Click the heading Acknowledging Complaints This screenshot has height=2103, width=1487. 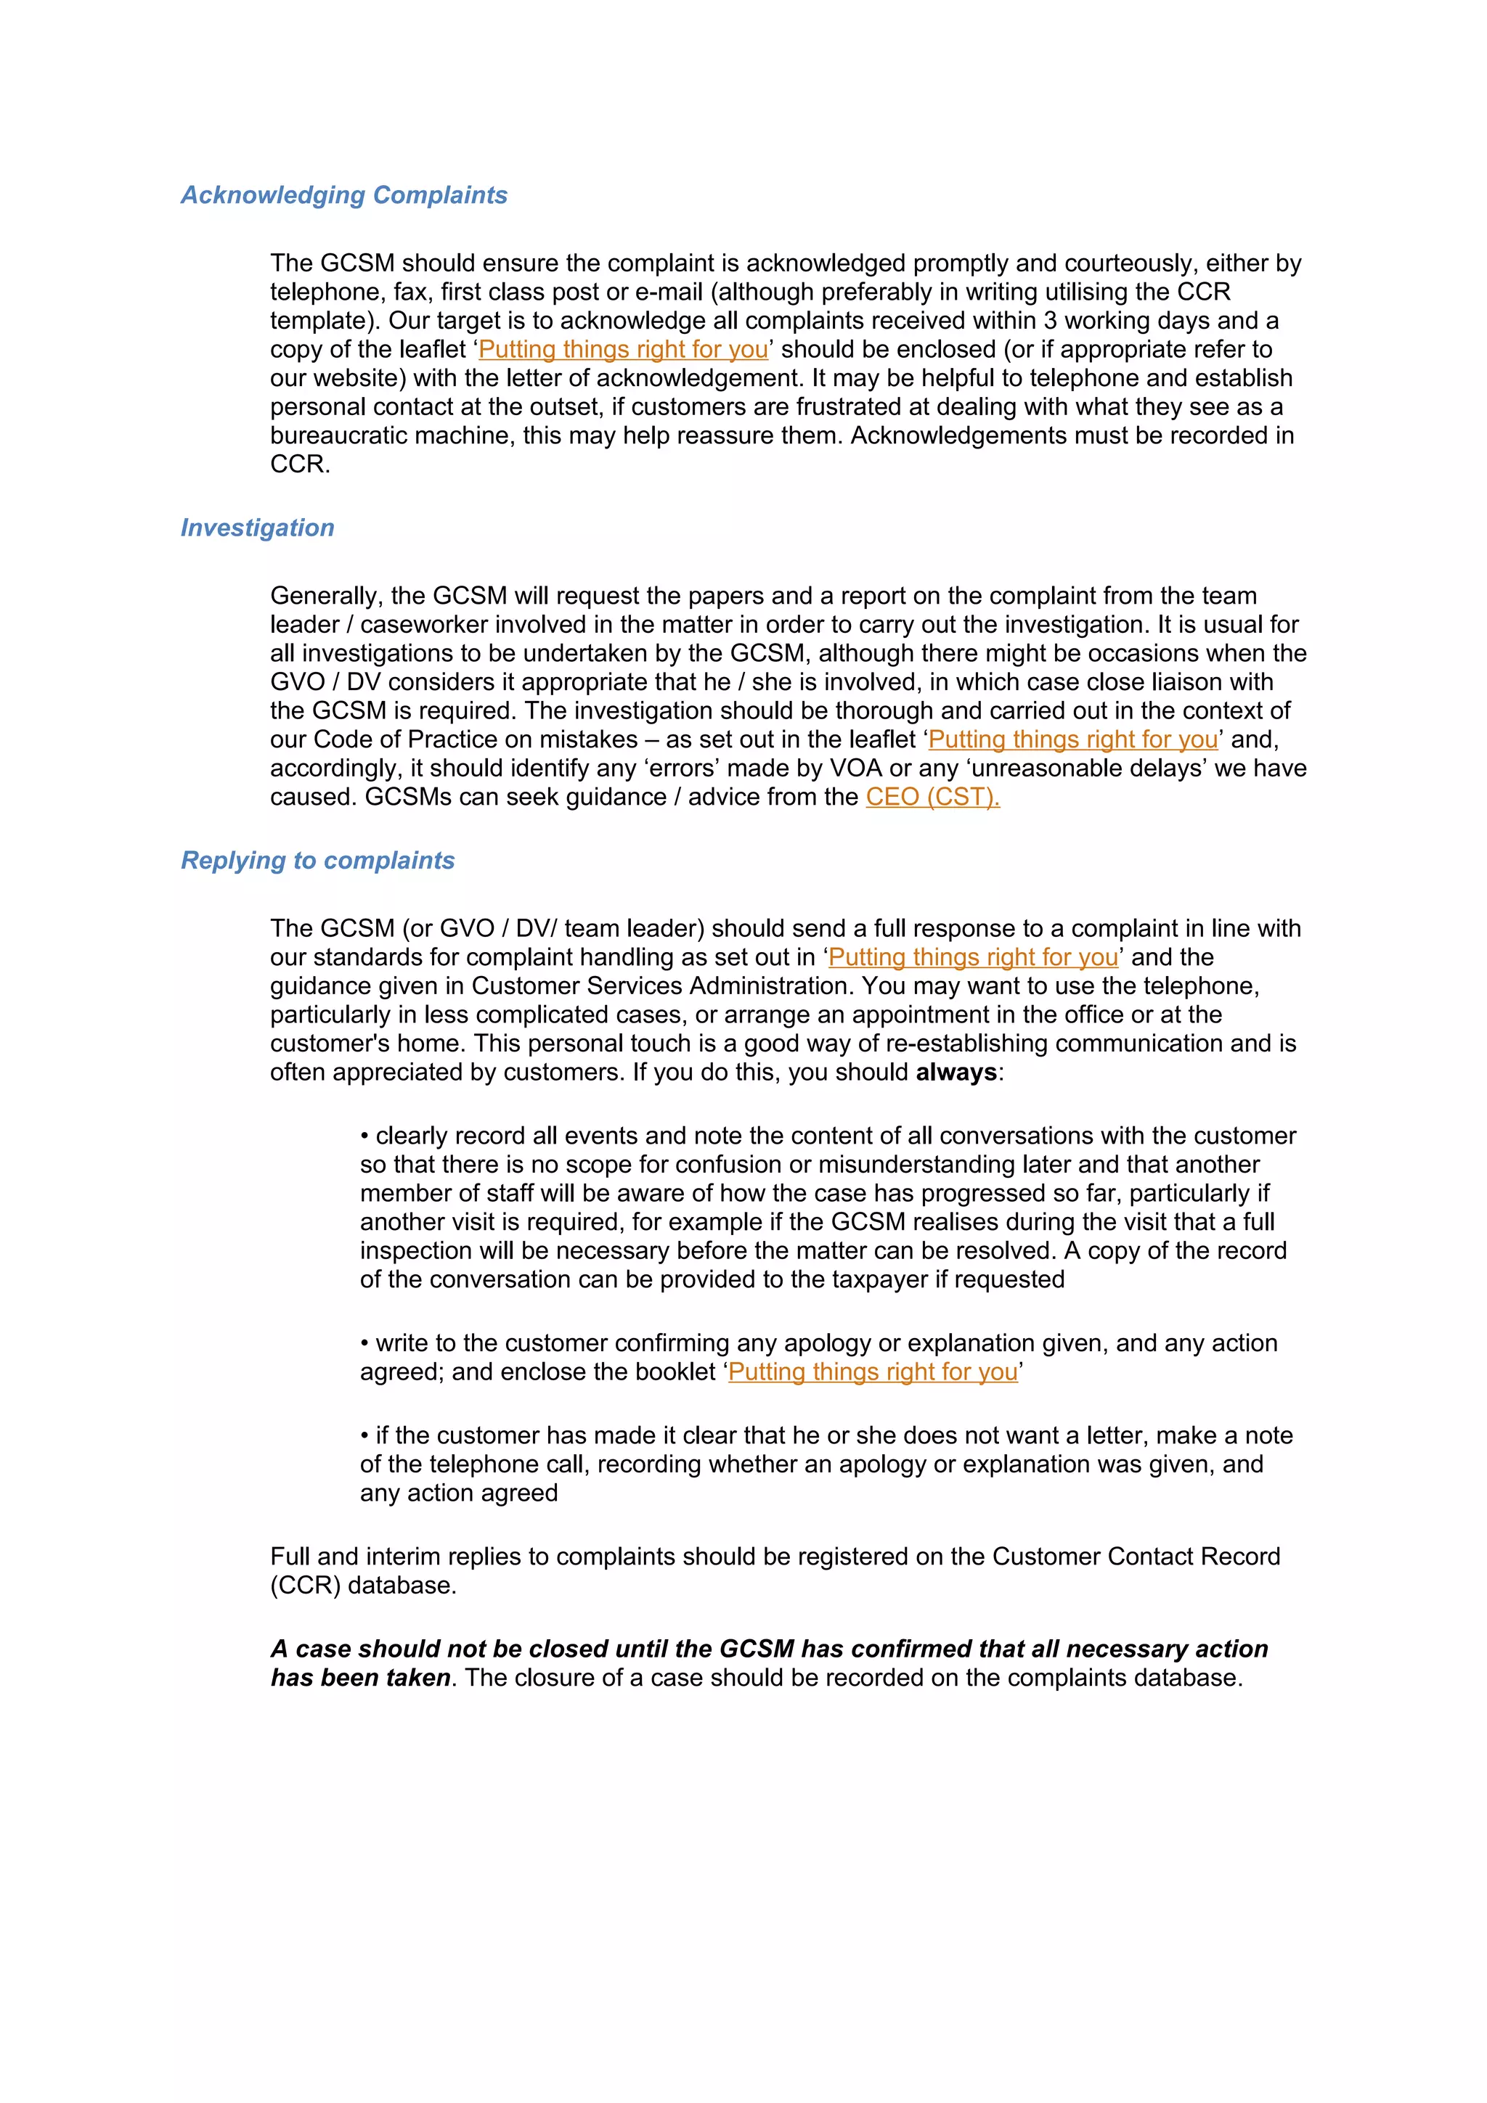[343, 195]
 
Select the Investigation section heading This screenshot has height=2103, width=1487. [258, 528]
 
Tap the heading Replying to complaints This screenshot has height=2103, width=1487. [317, 860]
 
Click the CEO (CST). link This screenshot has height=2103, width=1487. [932, 797]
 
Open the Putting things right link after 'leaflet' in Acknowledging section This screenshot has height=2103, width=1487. [623, 349]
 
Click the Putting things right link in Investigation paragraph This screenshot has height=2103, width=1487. [1073, 739]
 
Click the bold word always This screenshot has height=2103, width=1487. [956, 1073]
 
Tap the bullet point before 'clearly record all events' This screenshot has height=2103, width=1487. [364, 1136]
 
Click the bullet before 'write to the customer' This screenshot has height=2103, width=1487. [364, 1344]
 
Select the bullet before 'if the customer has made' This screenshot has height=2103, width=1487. [364, 1436]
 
